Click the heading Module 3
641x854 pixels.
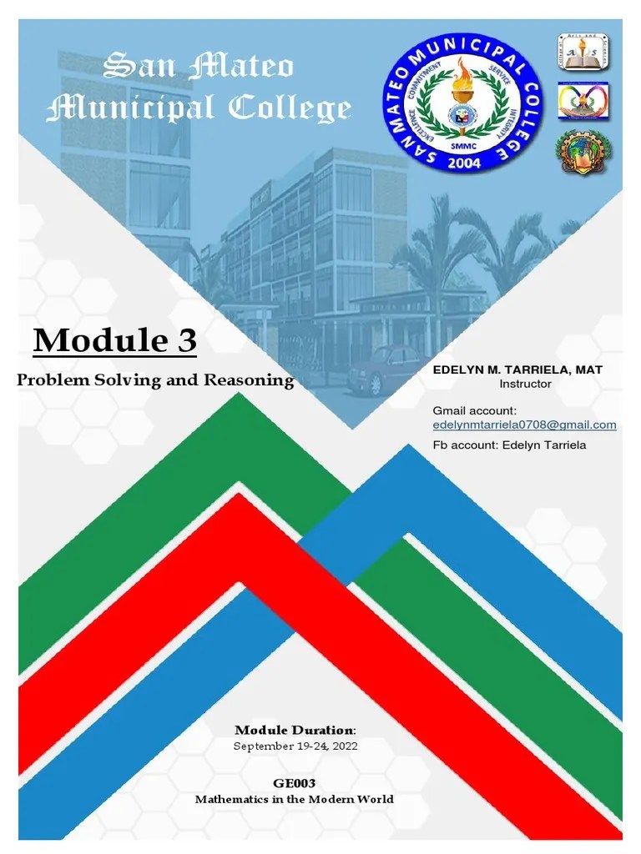point(115,340)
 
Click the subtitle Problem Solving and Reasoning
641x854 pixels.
point(156,380)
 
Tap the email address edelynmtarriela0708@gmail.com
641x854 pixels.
point(524,425)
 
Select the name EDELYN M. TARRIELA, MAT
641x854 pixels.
point(517,369)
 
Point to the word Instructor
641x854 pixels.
point(525,384)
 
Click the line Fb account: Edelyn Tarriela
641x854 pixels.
point(509,445)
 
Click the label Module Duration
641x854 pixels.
point(295,731)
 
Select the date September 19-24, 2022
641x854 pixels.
point(295,746)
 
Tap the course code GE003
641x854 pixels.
point(295,783)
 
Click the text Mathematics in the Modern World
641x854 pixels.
point(295,799)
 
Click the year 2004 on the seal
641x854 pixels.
point(464,163)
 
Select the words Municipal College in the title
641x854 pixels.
point(199,108)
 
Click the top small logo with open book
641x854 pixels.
point(583,52)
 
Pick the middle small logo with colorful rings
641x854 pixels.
point(583,101)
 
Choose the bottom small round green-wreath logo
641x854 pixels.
point(583,152)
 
